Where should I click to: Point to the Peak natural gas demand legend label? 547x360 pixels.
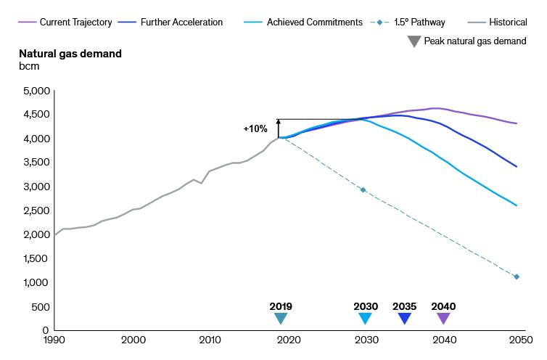point(475,41)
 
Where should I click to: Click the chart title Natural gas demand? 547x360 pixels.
point(70,54)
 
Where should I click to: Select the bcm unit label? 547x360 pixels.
point(29,66)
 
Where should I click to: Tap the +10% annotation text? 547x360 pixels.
point(256,128)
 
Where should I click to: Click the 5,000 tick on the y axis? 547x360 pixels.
point(36,91)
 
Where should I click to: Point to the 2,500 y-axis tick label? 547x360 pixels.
point(36,210)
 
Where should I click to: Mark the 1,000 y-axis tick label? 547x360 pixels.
point(36,282)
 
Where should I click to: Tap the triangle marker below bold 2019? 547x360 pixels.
point(281,318)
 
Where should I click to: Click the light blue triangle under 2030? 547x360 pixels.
point(366,318)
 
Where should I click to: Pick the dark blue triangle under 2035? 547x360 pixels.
point(405,318)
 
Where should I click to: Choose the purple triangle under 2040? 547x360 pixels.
point(443,318)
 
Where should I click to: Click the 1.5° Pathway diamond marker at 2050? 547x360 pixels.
point(517,277)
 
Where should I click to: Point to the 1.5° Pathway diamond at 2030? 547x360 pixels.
point(363,190)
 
